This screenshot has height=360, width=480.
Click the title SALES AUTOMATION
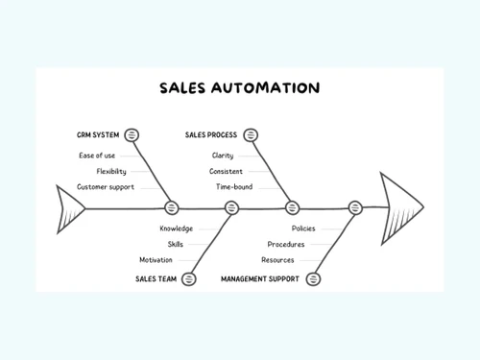240,88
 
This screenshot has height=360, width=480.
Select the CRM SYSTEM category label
98,135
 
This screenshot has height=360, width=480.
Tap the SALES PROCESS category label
210,135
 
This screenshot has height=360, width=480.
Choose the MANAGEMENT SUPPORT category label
259,278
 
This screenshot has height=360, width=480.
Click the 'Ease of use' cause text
96,156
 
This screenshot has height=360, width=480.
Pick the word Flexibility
110,171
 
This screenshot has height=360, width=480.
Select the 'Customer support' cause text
105,186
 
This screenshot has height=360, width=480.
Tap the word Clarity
223,156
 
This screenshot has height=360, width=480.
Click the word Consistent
226,171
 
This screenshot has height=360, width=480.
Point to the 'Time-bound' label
233,186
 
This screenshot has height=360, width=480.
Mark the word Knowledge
176,228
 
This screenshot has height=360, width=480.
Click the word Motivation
156,259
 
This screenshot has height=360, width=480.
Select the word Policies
303,228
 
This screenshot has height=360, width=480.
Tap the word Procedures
286,244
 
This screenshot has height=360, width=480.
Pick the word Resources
277,259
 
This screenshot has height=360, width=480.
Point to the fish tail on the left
73,207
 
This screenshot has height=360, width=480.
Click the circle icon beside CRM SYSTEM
132,135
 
